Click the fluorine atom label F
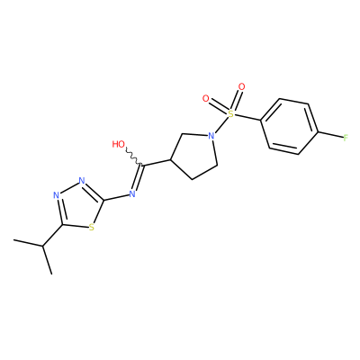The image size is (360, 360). tap(346, 139)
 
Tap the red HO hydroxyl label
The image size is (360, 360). tap(119, 144)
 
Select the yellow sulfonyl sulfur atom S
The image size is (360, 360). tap(230, 113)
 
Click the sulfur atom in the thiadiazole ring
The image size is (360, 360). tap(92, 228)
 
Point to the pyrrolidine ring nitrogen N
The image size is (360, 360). tap(211, 136)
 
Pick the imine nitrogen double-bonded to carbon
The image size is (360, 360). tap(132, 193)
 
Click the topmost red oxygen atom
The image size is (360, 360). tap(241, 87)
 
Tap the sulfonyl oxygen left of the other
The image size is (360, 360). tap(206, 98)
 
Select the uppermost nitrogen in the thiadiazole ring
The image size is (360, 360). tap(82, 181)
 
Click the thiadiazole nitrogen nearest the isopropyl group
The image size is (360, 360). tap(56, 195)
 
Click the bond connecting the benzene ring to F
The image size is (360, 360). tap(330, 135)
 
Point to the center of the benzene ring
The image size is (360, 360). tap(289, 127)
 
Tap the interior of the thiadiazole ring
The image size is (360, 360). tap(78, 206)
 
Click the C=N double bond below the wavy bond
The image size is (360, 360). tap(138, 177)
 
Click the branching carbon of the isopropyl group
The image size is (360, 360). tap(43, 247)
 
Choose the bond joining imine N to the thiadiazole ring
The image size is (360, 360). tap(116, 197)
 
